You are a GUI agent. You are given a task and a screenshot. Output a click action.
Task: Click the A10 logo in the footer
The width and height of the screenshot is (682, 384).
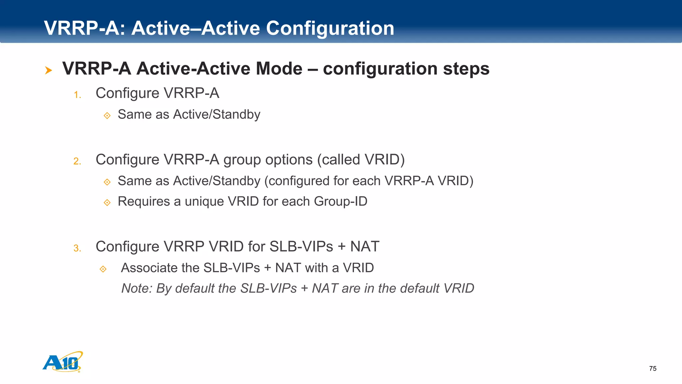(x=63, y=362)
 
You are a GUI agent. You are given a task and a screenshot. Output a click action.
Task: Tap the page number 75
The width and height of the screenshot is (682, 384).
(x=653, y=368)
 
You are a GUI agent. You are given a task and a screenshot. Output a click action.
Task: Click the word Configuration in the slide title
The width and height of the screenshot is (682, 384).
(x=330, y=28)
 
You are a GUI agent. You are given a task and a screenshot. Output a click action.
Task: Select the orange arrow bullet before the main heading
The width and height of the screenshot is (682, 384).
(x=49, y=70)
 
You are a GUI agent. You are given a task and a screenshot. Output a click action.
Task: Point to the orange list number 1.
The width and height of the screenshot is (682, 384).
(x=77, y=95)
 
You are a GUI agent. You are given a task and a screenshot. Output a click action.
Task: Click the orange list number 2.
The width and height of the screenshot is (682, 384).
(x=77, y=161)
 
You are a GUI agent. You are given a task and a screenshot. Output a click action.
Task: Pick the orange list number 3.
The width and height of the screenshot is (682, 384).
(x=77, y=248)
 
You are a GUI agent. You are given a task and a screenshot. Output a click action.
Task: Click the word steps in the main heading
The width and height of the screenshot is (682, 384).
(x=466, y=69)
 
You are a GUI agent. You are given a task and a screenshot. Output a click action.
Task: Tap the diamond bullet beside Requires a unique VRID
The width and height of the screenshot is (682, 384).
(x=107, y=202)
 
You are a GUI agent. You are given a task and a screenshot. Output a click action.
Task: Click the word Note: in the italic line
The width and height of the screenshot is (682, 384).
(x=137, y=288)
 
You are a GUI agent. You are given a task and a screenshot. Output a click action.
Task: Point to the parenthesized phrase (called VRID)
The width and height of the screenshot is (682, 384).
(x=361, y=160)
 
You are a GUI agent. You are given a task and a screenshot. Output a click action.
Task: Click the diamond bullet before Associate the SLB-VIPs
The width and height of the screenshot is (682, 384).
(x=103, y=269)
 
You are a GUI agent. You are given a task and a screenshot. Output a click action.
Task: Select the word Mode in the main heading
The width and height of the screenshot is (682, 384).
(x=279, y=69)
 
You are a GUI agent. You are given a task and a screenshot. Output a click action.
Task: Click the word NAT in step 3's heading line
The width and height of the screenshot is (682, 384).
(x=364, y=247)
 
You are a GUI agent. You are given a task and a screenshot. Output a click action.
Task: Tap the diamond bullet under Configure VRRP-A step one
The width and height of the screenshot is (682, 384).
(x=107, y=115)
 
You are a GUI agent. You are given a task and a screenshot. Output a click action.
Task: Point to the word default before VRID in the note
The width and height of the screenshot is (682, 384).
(x=420, y=288)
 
